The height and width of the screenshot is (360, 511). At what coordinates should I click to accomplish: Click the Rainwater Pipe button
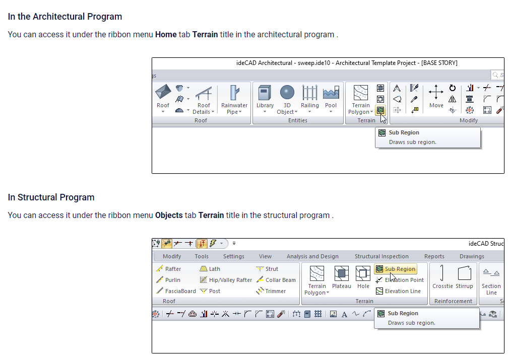pyautogui.click(x=234, y=99)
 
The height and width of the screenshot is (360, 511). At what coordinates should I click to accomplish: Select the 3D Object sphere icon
pyautogui.click(x=287, y=92)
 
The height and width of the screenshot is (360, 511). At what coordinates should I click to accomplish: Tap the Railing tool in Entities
pyautogui.click(x=309, y=99)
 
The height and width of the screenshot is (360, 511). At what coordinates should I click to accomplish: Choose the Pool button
pyautogui.click(x=331, y=99)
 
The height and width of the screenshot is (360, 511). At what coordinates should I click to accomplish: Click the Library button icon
pyautogui.click(x=265, y=93)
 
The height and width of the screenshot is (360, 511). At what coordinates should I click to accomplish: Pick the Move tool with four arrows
pyautogui.click(x=436, y=97)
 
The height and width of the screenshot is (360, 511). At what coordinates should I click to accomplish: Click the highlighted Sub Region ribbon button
pyautogui.click(x=396, y=269)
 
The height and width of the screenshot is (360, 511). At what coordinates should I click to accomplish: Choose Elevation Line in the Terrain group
pyautogui.click(x=398, y=291)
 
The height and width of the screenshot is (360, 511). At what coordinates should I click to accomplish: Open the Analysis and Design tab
pyautogui.click(x=312, y=256)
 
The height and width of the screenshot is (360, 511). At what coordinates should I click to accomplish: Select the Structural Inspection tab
pyautogui.click(x=381, y=256)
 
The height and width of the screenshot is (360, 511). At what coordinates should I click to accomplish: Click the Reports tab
pyautogui.click(x=434, y=256)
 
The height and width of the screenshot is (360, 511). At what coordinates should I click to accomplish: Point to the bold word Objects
pyautogui.click(x=169, y=215)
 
